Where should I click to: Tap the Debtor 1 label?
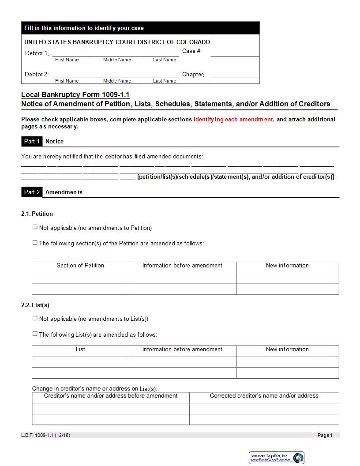tap(37, 53)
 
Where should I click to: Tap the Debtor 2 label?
tap(37, 74)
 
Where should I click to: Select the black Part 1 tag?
tap(32, 141)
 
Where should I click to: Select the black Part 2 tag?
tap(32, 192)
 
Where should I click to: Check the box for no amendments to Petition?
tap(35, 227)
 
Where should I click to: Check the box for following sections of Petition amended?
tap(35, 242)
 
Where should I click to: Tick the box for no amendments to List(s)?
tap(35, 318)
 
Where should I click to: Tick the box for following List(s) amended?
tap(35, 334)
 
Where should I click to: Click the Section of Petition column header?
tap(80, 266)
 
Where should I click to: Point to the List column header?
tap(80, 349)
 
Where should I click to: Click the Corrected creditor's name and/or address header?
tap(264, 396)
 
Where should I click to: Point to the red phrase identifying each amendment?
tap(234, 119)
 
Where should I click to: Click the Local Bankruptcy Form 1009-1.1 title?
tap(75, 94)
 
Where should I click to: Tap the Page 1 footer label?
tap(325, 435)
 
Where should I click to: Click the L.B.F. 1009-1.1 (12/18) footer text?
tap(45, 435)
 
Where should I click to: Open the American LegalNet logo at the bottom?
tap(277, 458)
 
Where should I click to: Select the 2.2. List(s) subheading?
tap(35, 305)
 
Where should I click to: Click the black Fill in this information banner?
tap(140, 28)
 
